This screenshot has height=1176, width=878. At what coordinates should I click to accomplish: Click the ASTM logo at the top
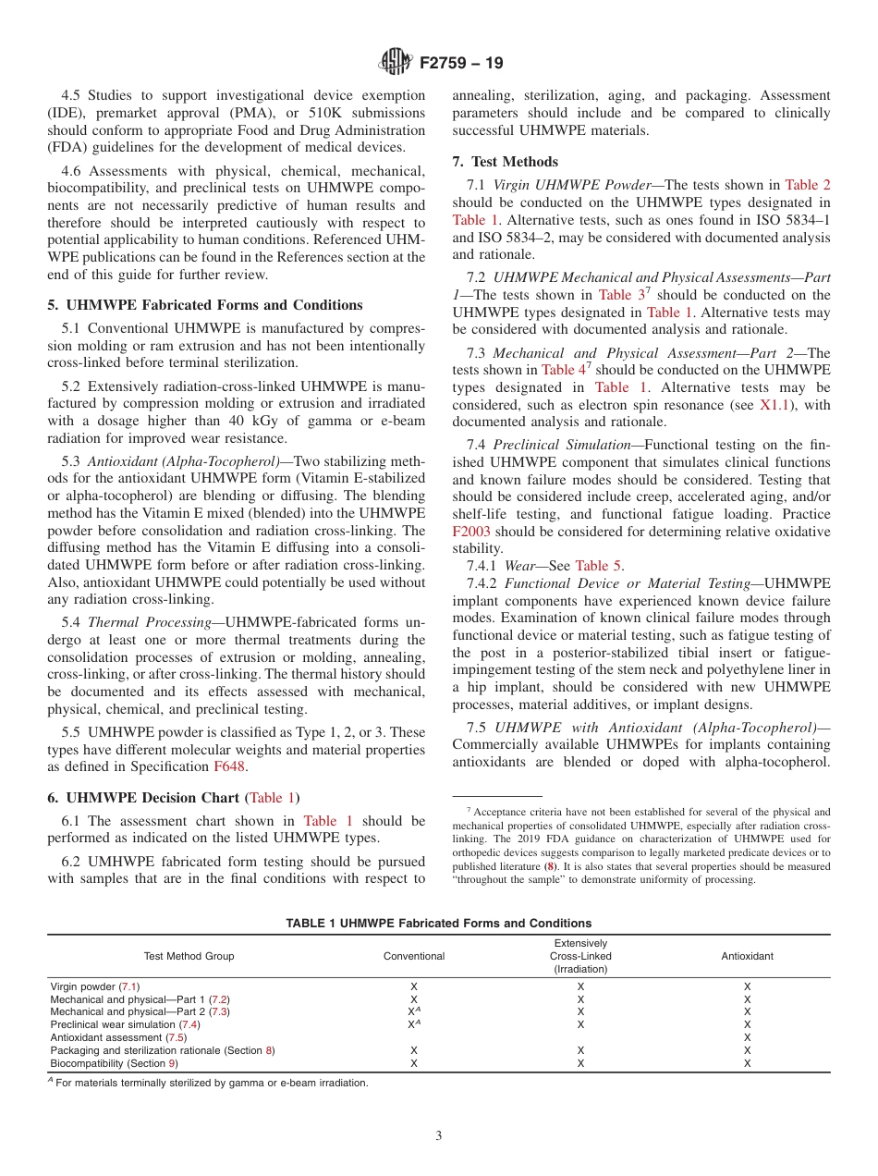point(395,63)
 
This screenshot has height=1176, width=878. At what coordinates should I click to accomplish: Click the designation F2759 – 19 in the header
point(461,64)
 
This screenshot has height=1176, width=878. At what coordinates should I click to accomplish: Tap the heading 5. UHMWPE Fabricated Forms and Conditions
point(205,305)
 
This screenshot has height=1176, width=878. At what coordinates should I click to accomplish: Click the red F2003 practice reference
point(471,532)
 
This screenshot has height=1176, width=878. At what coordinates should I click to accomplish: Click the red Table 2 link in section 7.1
point(808,185)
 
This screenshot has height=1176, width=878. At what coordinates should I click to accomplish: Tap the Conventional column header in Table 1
point(414,956)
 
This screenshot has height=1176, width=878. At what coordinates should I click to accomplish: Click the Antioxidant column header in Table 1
point(747,956)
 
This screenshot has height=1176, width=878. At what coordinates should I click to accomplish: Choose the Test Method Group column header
point(189,956)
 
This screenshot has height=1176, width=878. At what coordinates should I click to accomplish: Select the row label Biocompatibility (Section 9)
point(113,1063)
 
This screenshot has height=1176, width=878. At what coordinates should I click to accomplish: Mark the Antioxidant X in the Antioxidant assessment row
point(747,1037)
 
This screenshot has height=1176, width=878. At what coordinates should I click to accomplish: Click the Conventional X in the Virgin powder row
point(414,986)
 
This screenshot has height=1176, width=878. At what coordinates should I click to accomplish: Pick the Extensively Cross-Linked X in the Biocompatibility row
point(580,1063)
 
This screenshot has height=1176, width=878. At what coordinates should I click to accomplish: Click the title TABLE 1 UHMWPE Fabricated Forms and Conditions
point(439,924)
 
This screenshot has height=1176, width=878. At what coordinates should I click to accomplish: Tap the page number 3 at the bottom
point(439,1136)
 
